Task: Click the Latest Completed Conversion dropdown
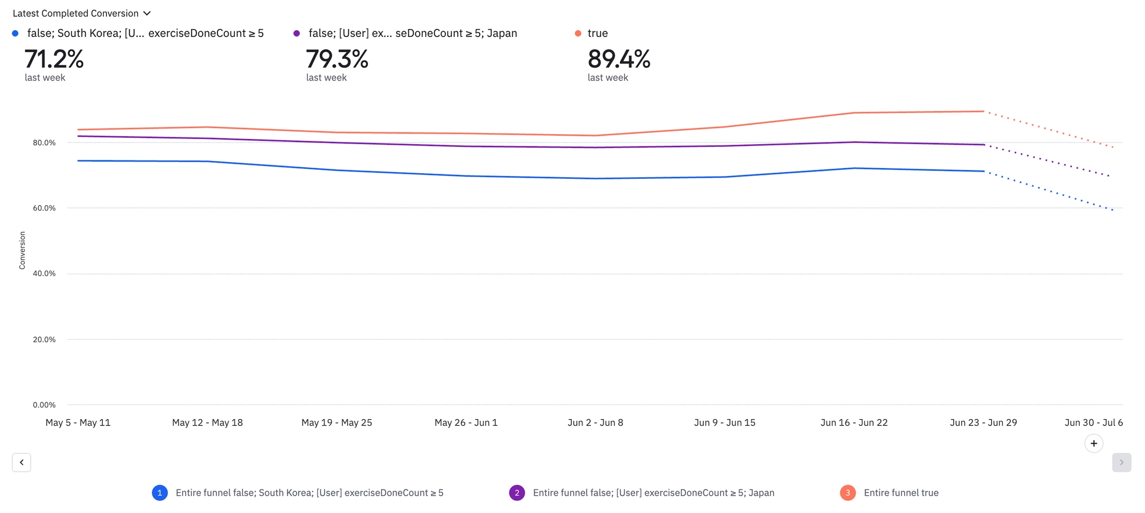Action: pyautogui.click(x=82, y=13)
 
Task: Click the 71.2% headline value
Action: pyautogui.click(x=54, y=59)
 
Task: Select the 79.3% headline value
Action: pyautogui.click(x=337, y=59)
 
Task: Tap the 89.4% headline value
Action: pyautogui.click(x=619, y=59)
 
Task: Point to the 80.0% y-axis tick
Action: pyautogui.click(x=44, y=143)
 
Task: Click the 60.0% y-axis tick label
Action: pyautogui.click(x=44, y=208)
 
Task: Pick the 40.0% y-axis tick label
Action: pyautogui.click(x=44, y=274)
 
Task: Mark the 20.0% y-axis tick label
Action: pyautogui.click(x=44, y=340)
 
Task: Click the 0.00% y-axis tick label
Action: pyautogui.click(x=44, y=405)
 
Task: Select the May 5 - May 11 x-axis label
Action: pyautogui.click(x=78, y=423)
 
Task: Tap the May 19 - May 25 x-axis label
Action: pyautogui.click(x=337, y=423)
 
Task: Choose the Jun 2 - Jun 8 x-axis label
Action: pyautogui.click(x=595, y=423)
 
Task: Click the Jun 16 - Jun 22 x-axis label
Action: pyautogui.click(x=854, y=423)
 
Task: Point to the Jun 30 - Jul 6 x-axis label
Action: pyautogui.click(x=1094, y=423)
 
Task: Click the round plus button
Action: pyautogui.click(x=1094, y=444)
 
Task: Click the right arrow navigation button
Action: pyautogui.click(x=1122, y=463)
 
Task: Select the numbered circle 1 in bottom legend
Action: pyautogui.click(x=160, y=493)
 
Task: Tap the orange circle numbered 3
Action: pyautogui.click(x=848, y=493)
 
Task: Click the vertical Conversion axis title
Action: pyautogui.click(x=22, y=250)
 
